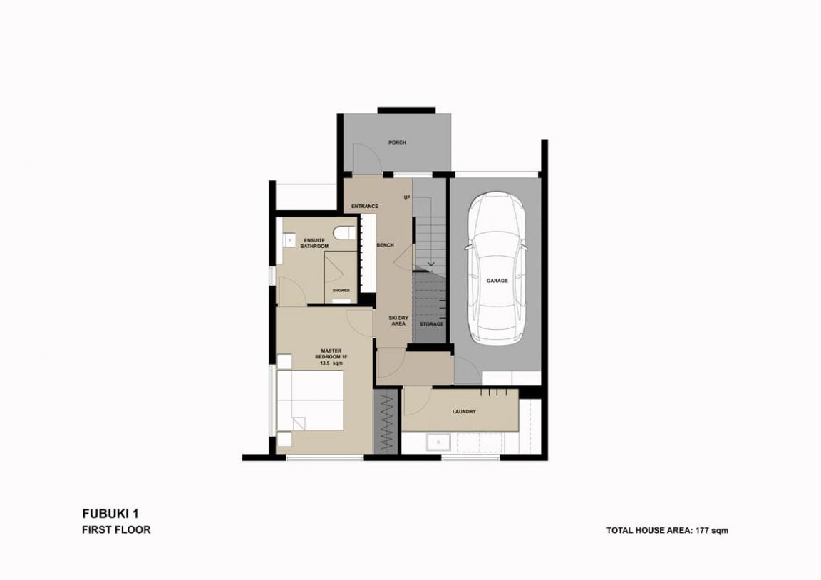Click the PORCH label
(397, 143)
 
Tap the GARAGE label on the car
(497, 281)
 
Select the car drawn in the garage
(496, 268)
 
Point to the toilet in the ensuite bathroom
(343, 233)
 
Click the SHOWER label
(341, 291)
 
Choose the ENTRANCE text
(364, 206)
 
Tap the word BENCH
(385, 245)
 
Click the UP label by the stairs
(407, 197)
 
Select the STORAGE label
(431, 324)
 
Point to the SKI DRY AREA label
(398, 321)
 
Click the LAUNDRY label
(464, 411)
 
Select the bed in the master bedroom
(310, 400)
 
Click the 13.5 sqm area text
(331, 363)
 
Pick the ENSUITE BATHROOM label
(314, 244)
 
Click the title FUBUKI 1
(110, 514)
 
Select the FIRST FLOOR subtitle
(116, 529)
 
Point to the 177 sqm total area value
(711, 530)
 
